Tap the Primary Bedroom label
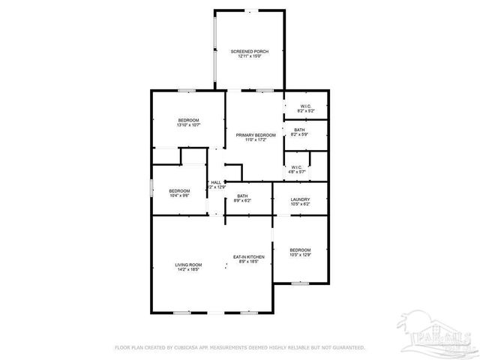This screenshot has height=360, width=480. (x=251, y=135)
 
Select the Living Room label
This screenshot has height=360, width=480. (x=189, y=264)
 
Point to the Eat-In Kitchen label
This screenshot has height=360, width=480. (x=248, y=256)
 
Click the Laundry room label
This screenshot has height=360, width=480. (x=300, y=199)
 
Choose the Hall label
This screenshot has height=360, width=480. (x=216, y=182)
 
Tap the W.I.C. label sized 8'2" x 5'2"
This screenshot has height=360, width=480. (x=306, y=106)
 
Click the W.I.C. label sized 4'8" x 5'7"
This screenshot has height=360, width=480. (x=296, y=167)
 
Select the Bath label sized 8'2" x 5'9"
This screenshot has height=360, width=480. (x=299, y=130)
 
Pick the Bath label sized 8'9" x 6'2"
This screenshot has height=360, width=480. (x=243, y=196)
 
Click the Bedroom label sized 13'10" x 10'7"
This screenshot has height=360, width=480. (x=188, y=121)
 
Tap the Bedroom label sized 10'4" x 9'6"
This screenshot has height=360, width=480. (x=179, y=190)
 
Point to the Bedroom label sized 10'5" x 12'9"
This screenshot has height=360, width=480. (x=300, y=250)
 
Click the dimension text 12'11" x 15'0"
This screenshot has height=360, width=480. (x=249, y=56)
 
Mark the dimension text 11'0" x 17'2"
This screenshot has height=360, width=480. (x=251, y=139)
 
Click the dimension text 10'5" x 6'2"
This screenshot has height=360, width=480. (x=300, y=204)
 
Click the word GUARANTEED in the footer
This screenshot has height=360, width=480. (x=346, y=347)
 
